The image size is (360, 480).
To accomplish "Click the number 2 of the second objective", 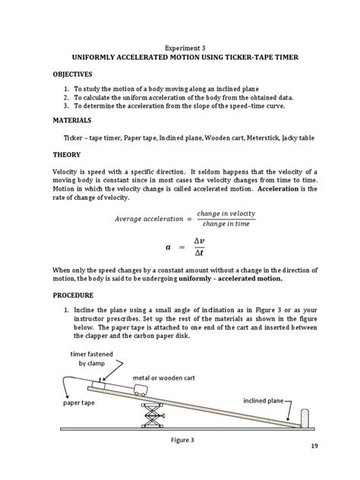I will point(67,98).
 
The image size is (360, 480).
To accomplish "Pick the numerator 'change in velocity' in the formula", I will point(226,213).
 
